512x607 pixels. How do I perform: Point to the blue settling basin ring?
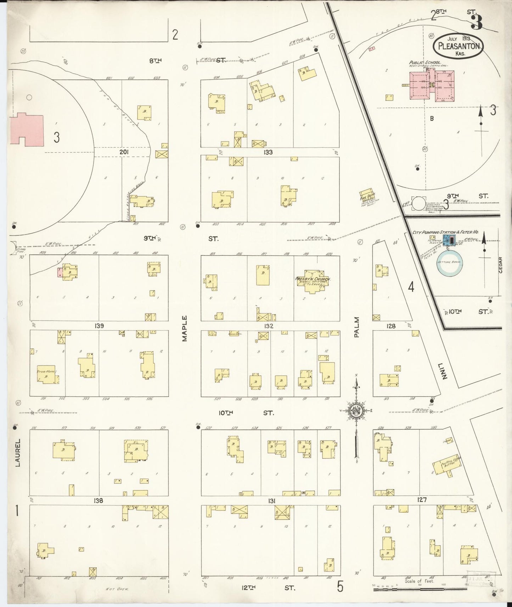(449, 263)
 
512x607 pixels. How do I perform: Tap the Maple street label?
(185, 329)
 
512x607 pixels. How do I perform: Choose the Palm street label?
(356, 327)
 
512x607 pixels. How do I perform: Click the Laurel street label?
(18, 452)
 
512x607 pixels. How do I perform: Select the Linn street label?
(443, 371)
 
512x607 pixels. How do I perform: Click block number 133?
(268, 152)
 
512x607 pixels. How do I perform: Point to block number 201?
(124, 152)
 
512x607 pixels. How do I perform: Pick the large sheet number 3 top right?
(477, 22)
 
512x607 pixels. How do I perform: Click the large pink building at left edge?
(27, 130)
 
